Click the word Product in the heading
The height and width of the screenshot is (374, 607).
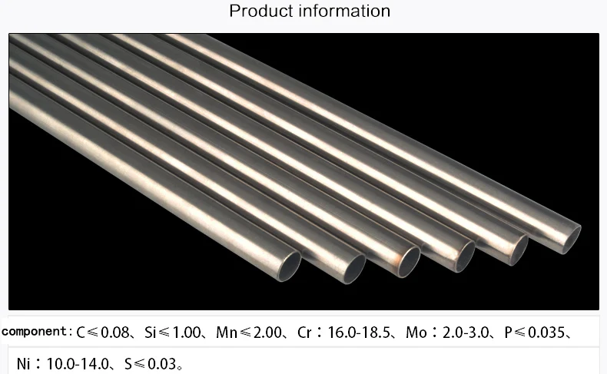[x=261, y=11]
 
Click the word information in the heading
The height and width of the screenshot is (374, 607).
[x=344, y=11]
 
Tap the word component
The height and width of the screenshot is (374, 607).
[x=34, y=332]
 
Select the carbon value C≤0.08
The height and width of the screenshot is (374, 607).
[x=103, y=333]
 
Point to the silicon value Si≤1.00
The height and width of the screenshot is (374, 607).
[x=172, y=333]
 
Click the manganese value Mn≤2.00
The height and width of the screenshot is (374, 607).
[x=249, y=333]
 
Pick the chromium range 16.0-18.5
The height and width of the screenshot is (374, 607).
[x=359, y=333]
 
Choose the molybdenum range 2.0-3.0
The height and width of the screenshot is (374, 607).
[x=466, y=333]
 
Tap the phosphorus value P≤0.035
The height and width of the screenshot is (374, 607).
[x=534, y=333]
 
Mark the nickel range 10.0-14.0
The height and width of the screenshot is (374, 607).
[x=78, y=364]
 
